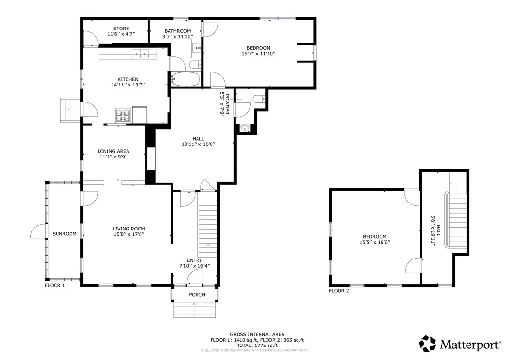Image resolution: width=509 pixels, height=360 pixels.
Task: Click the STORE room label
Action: click(x=121, y=29)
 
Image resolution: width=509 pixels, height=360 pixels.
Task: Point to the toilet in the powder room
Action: click(x=258, y=99)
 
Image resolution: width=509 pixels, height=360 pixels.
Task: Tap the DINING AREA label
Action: click(x=114, y=151)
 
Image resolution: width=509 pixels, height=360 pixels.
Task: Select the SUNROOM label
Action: click(x=65, y=234)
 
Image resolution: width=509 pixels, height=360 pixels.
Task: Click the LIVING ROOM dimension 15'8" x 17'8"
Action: click(x=129, y=234)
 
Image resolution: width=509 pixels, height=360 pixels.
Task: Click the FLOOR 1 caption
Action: click(x=55, y=286)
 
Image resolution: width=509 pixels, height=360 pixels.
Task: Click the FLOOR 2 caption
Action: click(x=339, y=291)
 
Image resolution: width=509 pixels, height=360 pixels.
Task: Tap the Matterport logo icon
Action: click(x=427, y=344)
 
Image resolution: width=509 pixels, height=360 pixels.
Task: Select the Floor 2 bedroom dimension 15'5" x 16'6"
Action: click(x=374, y=242)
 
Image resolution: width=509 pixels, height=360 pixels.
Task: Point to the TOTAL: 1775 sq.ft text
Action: click(x=256, y=345)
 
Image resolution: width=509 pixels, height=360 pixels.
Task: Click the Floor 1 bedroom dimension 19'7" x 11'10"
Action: click(x=258, y=54)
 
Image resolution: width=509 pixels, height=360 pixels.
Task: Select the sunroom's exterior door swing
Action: click(x=39, y=232)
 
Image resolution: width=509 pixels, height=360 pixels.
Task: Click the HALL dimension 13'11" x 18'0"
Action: click(x=198, y=144)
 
